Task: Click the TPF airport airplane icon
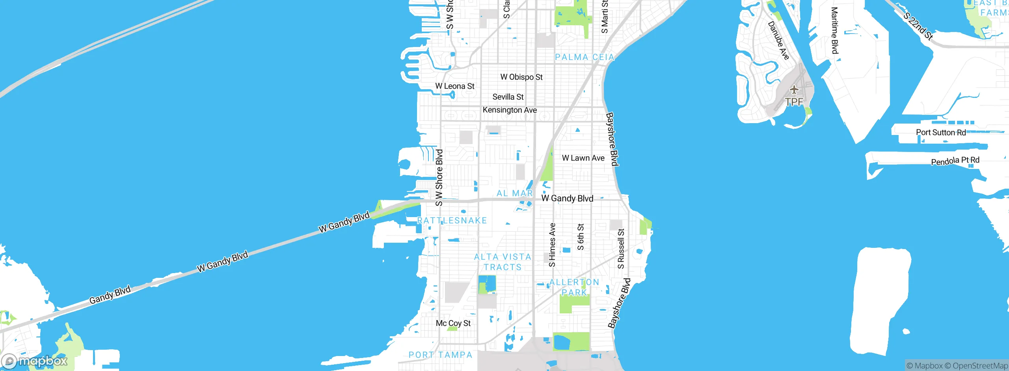tap(794, 90)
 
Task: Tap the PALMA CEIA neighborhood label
tap(585, 57)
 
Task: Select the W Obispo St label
tap(521, 77)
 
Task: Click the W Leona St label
tap(454, 86)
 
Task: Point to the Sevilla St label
tap(508, 97)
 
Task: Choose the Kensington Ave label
tap(509, 110)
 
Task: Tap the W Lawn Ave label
tap(583, 158)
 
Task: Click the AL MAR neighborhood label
tap(514, 193)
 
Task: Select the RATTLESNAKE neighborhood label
tap(452, 220)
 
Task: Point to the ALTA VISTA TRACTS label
tap(503, 262)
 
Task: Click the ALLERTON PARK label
tap(574, 287)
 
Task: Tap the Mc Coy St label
tap(453, 323)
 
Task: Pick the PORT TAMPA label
tap(440, 355)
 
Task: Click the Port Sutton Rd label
tap(940, 132)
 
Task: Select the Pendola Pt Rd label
tap(955, 161)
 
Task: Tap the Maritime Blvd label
tap(834, 30)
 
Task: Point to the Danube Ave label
tap(778, 41)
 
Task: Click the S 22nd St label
tap(918, 26)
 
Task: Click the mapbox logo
tap(35, 361)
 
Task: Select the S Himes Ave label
tap(552, 245)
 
